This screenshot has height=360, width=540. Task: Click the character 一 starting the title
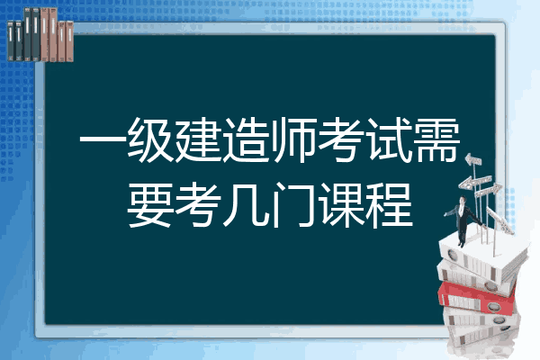pos(103,139)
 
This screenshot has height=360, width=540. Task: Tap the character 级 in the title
pos(150,139)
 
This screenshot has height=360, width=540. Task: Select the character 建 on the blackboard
pos(198,139)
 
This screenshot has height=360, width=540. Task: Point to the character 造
pos(246,139)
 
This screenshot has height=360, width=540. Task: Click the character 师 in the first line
pos(293,139)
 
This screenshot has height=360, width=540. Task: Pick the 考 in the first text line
pos(341,139)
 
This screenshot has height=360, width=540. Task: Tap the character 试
pos(389,139)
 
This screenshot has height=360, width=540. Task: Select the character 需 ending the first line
pos(436,139)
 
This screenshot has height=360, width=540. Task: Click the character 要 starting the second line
pos(150,205)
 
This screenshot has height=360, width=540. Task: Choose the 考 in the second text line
pos(198,205)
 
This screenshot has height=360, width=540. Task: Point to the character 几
pos(246,205)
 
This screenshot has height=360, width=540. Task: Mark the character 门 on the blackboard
pos(293,205)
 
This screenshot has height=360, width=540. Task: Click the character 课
pos(341,205)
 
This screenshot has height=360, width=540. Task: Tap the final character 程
pos(389,205)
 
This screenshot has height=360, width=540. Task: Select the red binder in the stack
pos(477,298)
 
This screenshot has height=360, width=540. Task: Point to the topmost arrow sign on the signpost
pos(472,160)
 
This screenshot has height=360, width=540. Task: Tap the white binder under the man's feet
pos(482,256)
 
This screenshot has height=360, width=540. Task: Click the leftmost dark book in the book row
pos(11,41)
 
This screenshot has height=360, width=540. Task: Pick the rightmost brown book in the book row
pos(69,41)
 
